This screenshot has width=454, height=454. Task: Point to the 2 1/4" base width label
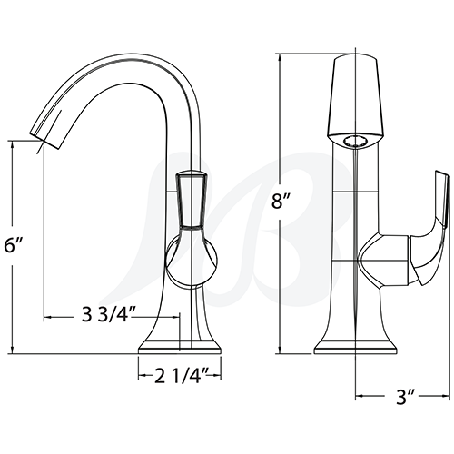pyautogui.click(x=180, y=372)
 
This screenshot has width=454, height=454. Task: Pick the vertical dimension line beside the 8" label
pyautogui.click(x=280, y=272)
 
